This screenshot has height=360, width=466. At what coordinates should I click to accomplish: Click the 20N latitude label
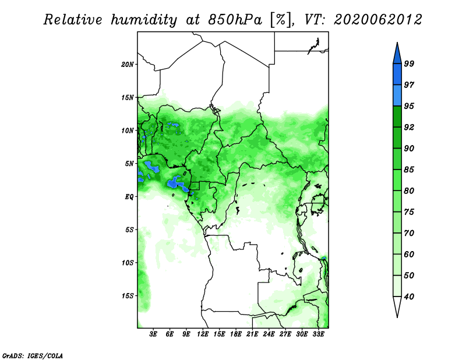click(128, 65)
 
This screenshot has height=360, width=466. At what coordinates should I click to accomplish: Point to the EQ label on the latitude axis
click(129, 197)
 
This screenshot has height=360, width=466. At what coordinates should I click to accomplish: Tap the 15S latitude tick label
click(128, 296)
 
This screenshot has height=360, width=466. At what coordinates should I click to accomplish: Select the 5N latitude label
click(129, 164)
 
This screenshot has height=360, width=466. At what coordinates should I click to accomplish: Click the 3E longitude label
click(153, 334)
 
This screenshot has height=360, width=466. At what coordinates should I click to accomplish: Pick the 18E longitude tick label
click(236, 334)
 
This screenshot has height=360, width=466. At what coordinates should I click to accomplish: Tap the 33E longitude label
click(318, 334)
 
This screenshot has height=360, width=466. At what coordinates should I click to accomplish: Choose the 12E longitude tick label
click(203, 334)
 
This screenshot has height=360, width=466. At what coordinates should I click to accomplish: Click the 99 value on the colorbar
click(409, 63)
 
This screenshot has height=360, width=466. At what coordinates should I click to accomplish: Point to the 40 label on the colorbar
click(409, 297)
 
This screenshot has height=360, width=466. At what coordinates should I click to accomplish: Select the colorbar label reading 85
click(409, 170)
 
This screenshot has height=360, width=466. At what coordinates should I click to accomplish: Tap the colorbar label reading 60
click(409, 254)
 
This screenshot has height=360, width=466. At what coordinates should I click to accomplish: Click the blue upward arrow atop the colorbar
click(397, 54)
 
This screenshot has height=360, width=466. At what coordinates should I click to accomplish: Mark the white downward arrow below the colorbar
click(397, 306)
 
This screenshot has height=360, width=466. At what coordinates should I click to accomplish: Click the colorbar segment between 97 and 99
click(397, 75)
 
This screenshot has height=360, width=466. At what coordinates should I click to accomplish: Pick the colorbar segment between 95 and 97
click(397, 96)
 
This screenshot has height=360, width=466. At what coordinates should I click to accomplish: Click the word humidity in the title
click(144, 20)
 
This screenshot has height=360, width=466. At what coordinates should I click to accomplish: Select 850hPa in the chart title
click(235, 20)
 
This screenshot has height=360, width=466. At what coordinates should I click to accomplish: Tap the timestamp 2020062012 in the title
click(378, 20)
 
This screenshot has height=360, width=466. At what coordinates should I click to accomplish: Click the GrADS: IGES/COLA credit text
click(33, 355)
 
